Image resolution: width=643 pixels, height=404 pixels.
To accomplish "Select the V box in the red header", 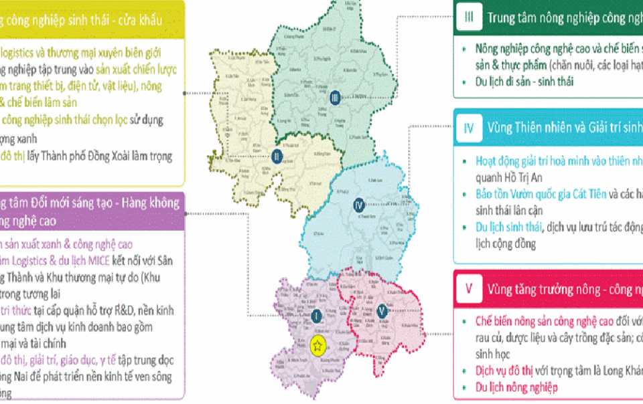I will click(x=470, y=289).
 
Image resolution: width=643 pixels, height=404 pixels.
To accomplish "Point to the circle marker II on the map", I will click(x=278, y=157).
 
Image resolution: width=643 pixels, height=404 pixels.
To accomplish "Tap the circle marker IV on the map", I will click(x=358, y=205).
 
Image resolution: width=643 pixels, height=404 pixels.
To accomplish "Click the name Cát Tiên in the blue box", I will click(x=581, y=195).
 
